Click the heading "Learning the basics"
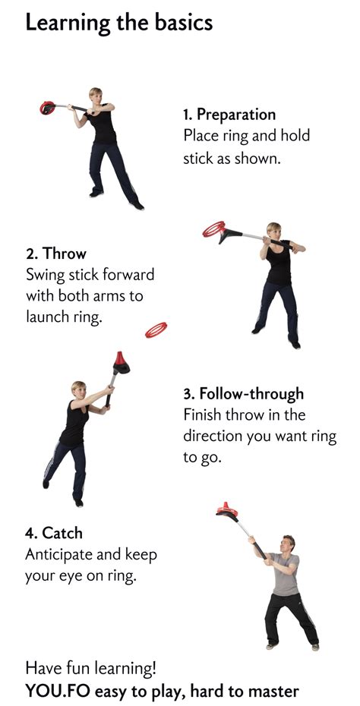pyautogui.click(x=119, y=23)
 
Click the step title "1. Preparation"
pyautogui.click(x=229, y=115)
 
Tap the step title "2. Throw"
pyautogui.click(x=55, y=254)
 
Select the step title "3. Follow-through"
pyautogui.click(x=243, y=395)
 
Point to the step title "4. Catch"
pyautogui.click(x=54, y=534)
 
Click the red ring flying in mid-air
pyautogui.click(x=156, y=330)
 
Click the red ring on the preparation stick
pyautogui.click(x=46, y=108)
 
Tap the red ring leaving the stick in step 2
pyautogui.click(x=213, y=229)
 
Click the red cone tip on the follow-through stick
pyautogui.click(x=119, y=359)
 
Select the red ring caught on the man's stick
pyautogui.click(x=226, y=509)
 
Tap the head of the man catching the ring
pyautogui.click(x=287, y=544)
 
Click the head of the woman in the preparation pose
pyautogui.click(x=95, y=96)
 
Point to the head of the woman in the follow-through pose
pyautogui.click(x=78, y=390)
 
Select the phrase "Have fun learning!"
pyautogui.click(x=90, y=669)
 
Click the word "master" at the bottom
pyautogui.click(x=274, y=692)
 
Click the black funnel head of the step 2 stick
pyautogui.click(x=229, y=235)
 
